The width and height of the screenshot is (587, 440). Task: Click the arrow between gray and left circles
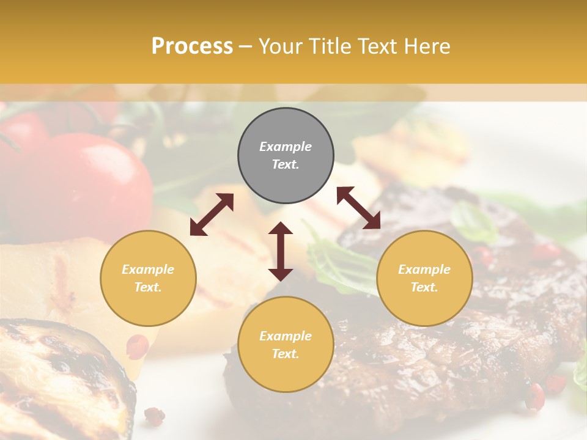(212, 215)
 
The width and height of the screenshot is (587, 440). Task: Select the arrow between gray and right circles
(358, 208)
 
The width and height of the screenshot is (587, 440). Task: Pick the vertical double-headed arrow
(281, 251)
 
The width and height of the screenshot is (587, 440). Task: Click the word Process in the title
(192, 46)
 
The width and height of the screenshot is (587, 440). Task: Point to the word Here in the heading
(428, 46)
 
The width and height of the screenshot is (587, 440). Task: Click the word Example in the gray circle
(286, 147)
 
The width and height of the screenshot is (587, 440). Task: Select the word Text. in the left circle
(148, 287)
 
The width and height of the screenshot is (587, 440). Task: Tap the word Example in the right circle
(424, 269)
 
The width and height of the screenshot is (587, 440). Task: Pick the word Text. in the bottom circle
(286, 354)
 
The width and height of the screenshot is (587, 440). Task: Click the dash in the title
(246, 46)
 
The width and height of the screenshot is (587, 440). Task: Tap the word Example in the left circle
(148, 269)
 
